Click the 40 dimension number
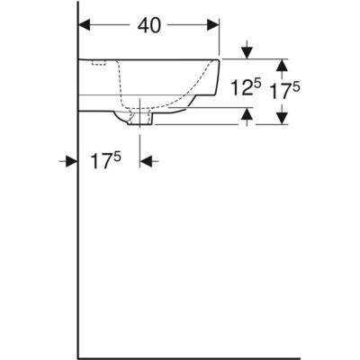coord(149,25)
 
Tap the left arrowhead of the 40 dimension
coord(85,25)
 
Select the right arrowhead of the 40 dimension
coord(213,25)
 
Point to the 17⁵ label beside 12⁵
coord(285,90)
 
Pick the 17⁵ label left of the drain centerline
coord(106,159)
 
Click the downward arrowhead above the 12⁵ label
coord(247,53)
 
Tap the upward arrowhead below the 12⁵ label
coord(247,113)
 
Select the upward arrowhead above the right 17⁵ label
coord(282,65)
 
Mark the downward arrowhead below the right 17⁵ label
coord(282,118)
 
